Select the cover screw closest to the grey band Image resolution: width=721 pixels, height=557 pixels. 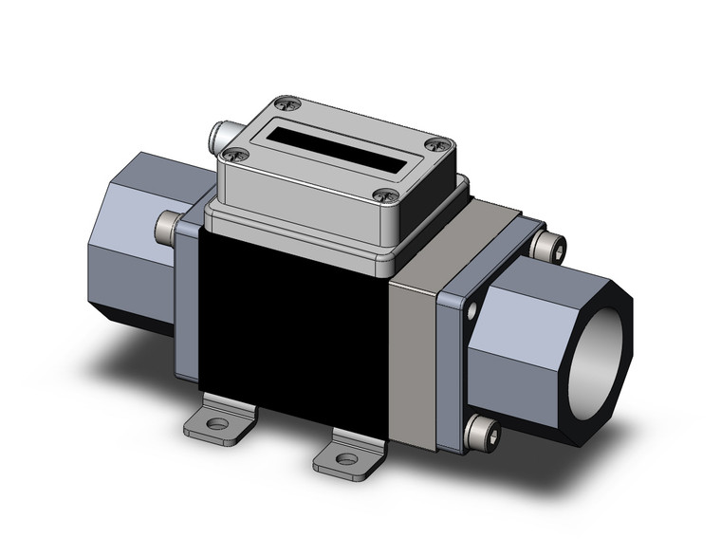382,195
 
